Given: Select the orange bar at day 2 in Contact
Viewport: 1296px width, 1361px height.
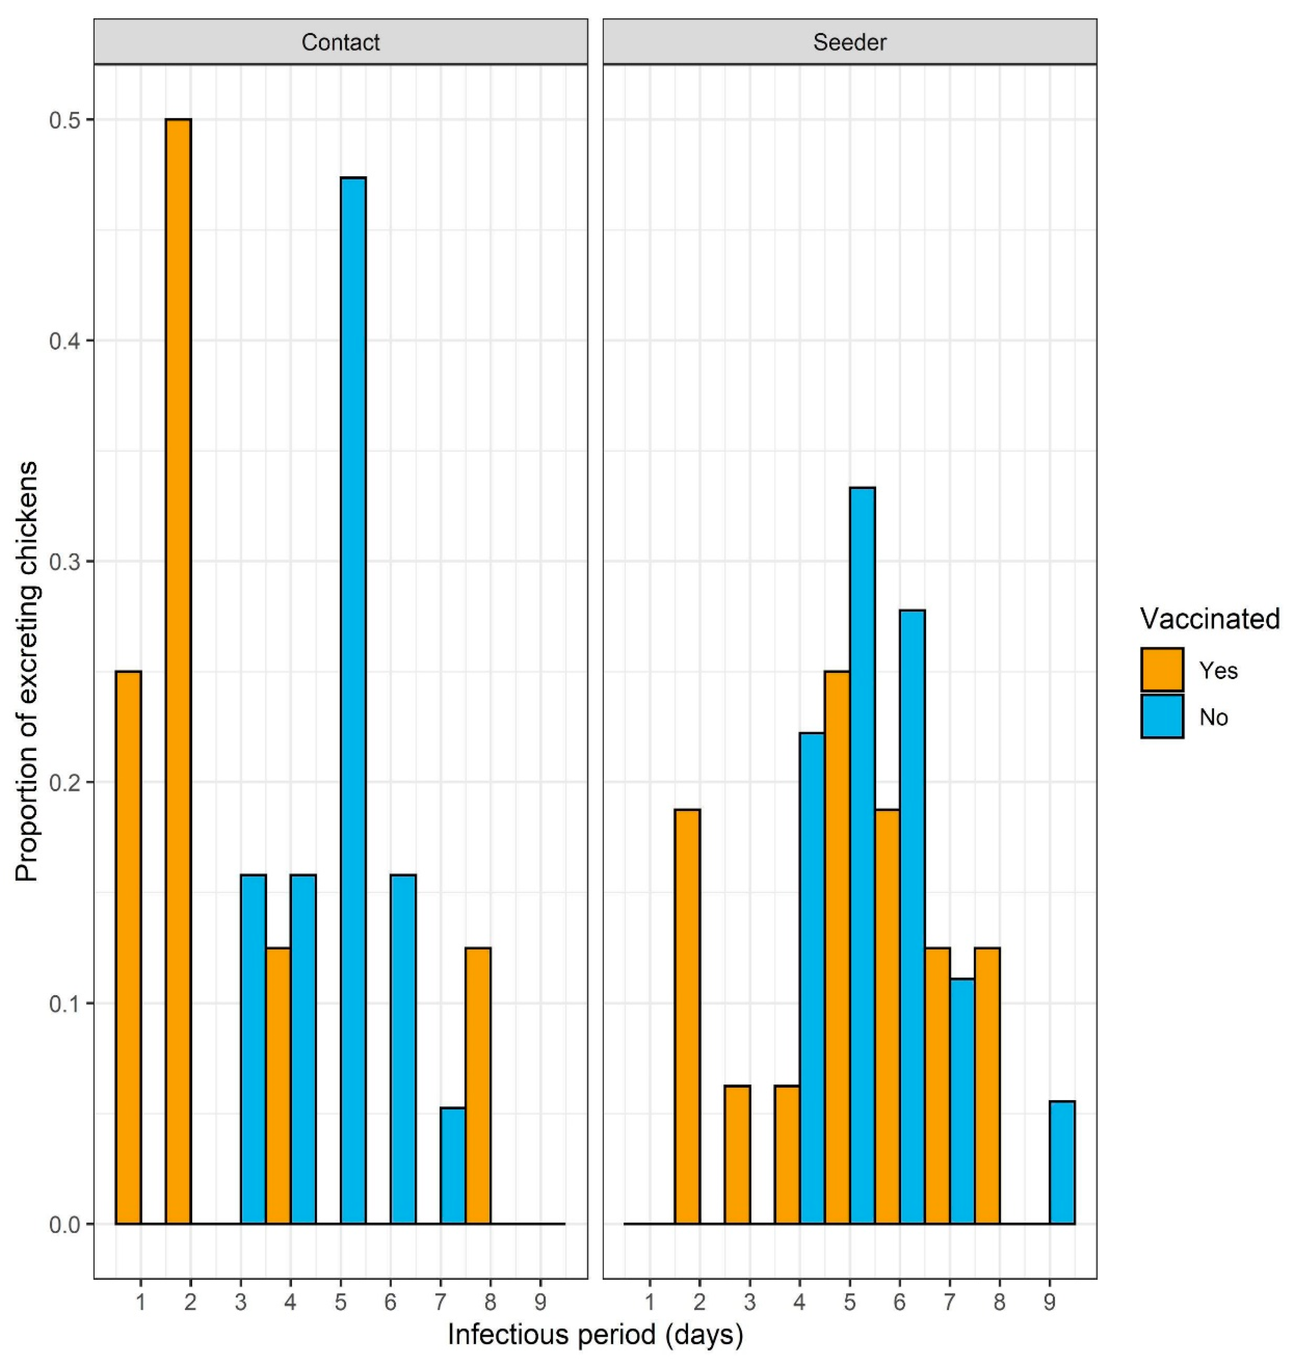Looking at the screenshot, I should pyautogui.click(x=178, y=671).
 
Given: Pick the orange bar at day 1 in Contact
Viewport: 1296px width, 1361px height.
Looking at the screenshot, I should pyautogui.click(x=128, y=947).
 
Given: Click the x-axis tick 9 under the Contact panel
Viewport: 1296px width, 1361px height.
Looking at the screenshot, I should pyautogui.click(x=540, y=1303).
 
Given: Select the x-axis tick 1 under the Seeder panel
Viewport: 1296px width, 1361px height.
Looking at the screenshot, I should pyautogui.click(x=649, y=1303).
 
